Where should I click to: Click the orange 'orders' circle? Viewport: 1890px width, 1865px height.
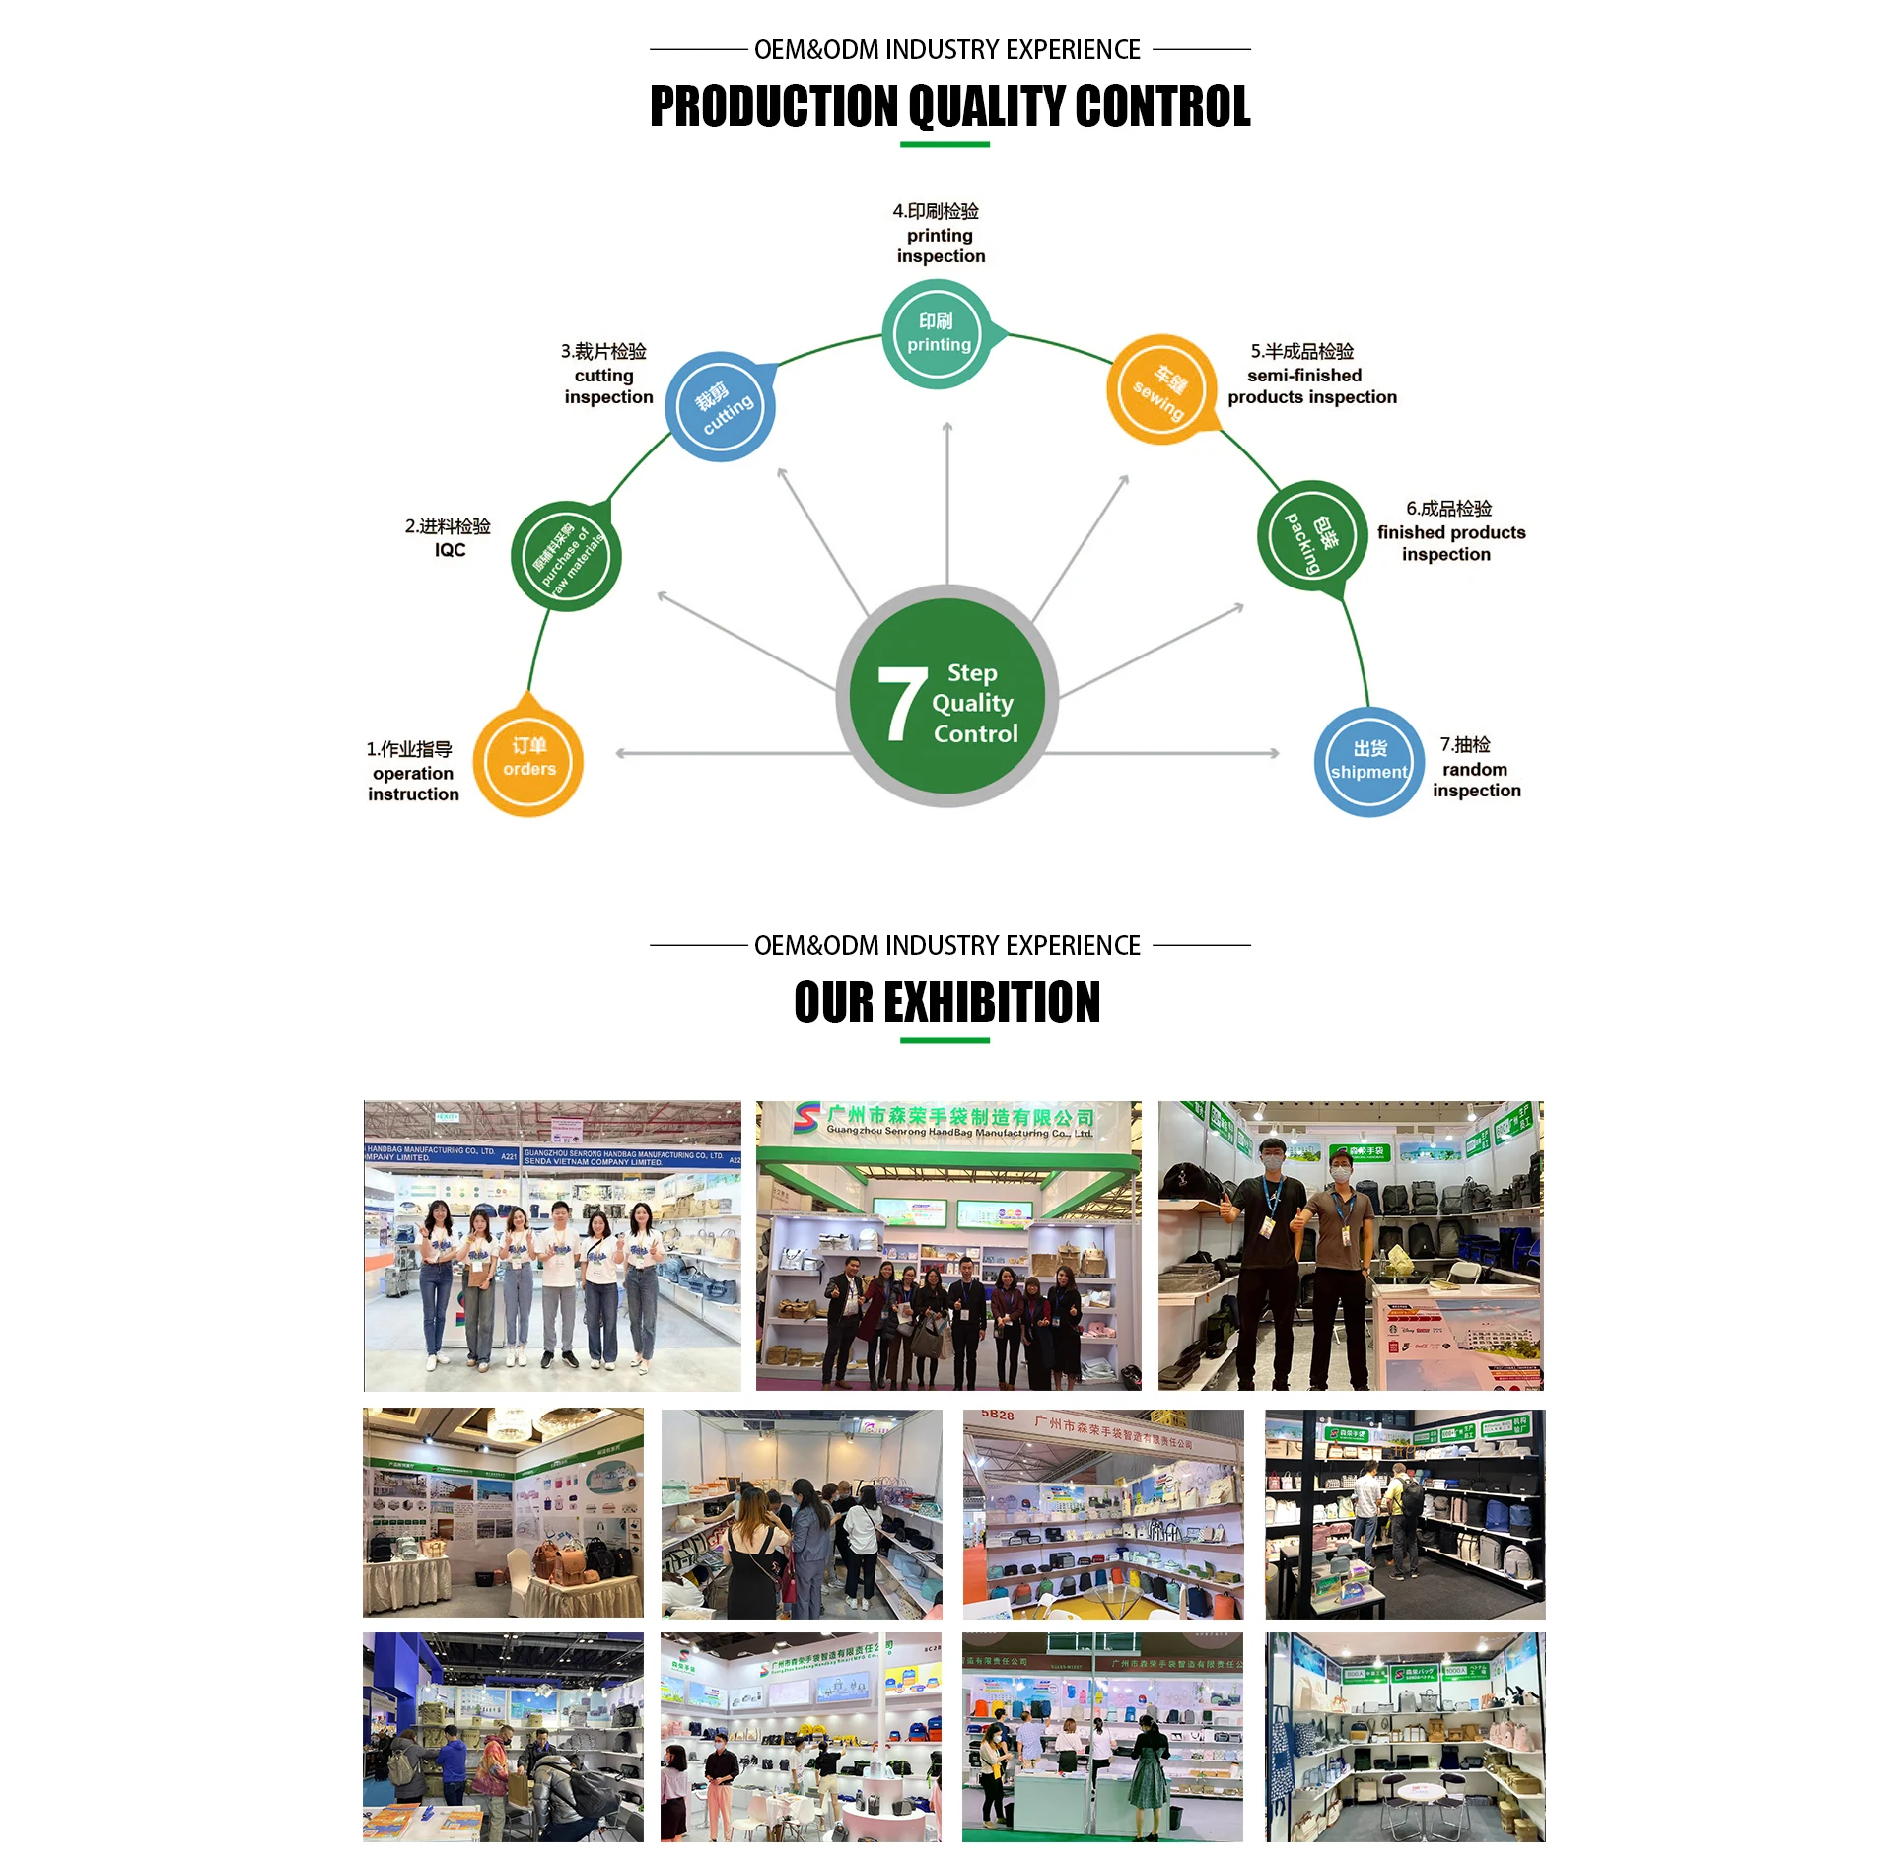(x=528, y=762)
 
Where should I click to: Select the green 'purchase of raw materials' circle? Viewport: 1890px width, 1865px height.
(x=566, y=557)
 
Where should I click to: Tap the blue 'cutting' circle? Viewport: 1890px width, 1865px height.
(x=721, y=407)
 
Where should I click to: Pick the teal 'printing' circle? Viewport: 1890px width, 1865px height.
(x=937, y=334)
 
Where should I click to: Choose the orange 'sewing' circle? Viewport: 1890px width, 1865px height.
(x=1161, y=389)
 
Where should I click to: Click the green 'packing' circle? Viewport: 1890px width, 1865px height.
(x=1311, y=536)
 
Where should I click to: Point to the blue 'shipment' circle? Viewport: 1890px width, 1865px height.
(x=1368, y=762)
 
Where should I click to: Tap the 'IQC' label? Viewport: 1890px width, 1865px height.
(x=450, y=550)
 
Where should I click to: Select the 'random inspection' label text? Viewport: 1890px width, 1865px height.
(x=1476, y=780)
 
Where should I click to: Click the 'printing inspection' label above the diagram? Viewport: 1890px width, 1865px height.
(x=940, y=245)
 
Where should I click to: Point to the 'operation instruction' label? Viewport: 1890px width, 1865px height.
(x=413, y=784)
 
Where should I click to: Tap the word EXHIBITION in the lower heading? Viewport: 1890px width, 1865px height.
(x=991, y=1002)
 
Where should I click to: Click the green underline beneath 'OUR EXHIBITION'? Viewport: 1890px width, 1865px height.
(x=945, y=1040)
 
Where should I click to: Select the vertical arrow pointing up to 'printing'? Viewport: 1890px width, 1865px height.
(x=946, y=503)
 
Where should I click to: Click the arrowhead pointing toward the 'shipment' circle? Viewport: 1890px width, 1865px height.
(x=1274, y=753)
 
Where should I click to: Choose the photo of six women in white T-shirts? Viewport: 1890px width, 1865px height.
(x=552, y=1246)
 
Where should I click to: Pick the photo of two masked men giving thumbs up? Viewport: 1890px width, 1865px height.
(x=1350, y=1246)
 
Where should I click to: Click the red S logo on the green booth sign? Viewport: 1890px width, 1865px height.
(x=806, y=1117)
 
